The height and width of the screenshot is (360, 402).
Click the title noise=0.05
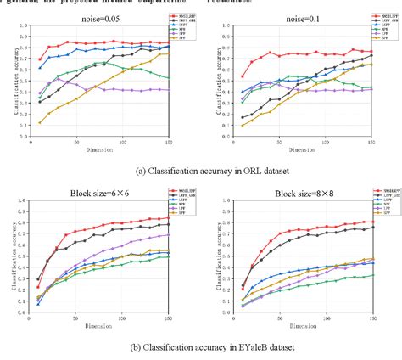[x=97, y=17]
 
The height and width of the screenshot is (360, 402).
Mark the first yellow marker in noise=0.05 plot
[x=40, y=123]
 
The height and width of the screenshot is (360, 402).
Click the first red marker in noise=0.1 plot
[x=242, y=77]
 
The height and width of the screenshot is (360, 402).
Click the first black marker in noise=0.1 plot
[x=242, y=118]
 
